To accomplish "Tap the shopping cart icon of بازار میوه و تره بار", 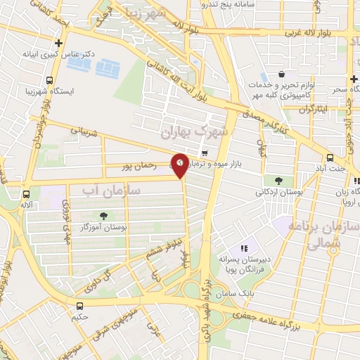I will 204,152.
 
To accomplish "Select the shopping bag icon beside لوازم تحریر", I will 281,75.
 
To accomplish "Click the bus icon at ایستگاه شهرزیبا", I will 49,80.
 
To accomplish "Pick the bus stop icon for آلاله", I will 27,193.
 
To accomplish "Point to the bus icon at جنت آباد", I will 330,157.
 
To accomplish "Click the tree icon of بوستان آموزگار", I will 104,217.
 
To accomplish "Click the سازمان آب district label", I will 112,190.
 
